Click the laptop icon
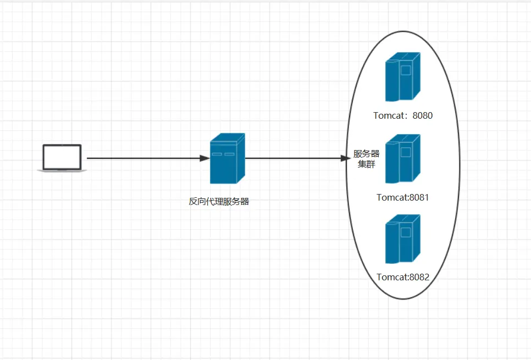pos(62,158)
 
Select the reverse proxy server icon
pos(227,158)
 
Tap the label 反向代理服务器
pos(219,202)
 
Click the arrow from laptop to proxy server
pos(148,158)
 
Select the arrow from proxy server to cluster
pos(298,158)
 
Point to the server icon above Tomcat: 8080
pos(403,77)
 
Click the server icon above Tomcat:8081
pos(403,159)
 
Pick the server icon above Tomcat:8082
pos(403,239)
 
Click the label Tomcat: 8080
pos(403,115)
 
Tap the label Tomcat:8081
pos(403,197)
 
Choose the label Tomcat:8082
pos(403,277)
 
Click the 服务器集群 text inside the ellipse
pos(367,159)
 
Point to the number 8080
pos(423,115)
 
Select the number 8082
pos(419,277)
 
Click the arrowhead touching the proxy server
pos(205,158)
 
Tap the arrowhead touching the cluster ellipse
pos(346,158)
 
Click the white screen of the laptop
pos(62,157)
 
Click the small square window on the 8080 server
pos(406,70)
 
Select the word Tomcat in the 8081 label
pos(392,197)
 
